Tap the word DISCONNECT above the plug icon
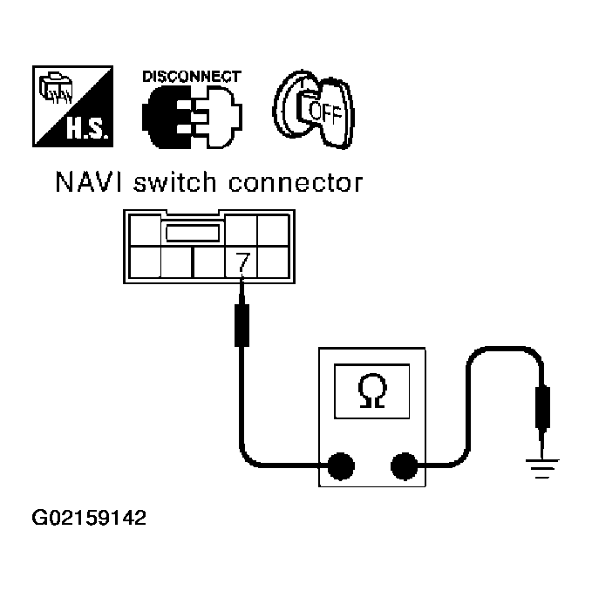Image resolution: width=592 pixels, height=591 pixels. click(191, 77)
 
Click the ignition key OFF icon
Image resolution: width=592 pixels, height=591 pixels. click(310, 107)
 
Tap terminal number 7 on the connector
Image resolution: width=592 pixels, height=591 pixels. click(240, 259)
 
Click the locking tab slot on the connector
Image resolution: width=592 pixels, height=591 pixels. click(191, 233)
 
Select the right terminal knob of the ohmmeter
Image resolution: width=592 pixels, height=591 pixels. click(405, 469)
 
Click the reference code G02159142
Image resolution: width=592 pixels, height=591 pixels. click(89, 519)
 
